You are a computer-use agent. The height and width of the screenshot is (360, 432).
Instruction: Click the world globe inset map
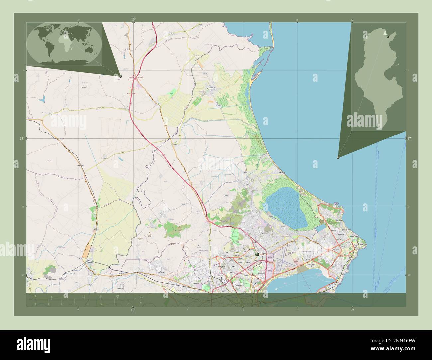(x=64, y=44)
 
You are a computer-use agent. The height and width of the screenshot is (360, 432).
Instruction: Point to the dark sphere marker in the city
(x=257, y=254)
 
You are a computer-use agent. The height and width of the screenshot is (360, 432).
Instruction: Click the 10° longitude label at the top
(x=133, y=20)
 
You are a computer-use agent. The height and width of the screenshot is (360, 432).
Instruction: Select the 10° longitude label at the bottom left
(x=133, y=310)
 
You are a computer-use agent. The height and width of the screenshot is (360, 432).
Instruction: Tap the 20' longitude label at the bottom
(x=352, y=310)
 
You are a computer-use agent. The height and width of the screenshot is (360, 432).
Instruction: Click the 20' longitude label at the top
(x=352, y=20)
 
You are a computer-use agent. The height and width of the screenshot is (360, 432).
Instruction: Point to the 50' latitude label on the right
(x=409, y=275)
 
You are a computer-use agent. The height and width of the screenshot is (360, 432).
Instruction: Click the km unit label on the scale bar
(x=141, y=297)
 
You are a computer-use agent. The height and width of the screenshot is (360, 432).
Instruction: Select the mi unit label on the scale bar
(x=141, y=303)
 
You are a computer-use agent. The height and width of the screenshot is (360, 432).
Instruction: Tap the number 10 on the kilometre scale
(x=117, y=296)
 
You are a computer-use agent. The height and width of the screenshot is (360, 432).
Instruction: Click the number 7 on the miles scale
(x=128, y=304)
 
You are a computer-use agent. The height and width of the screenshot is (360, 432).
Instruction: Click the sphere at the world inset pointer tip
(x=120, y=76)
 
